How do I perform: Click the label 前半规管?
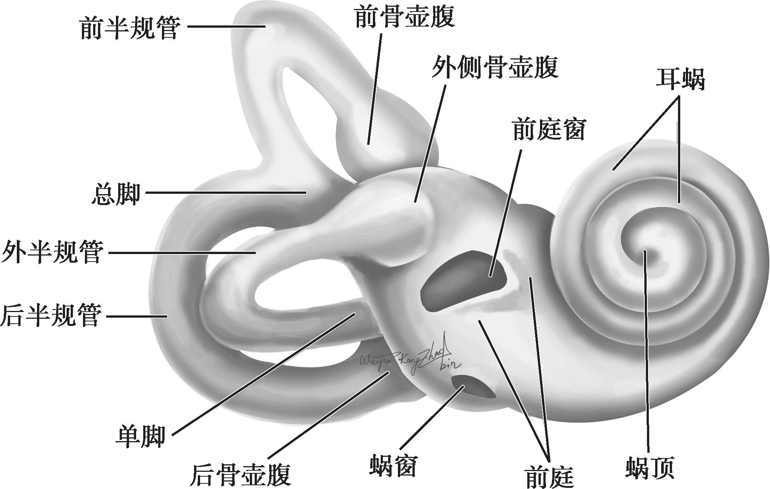(129, 28)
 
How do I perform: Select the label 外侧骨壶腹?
(495, 68)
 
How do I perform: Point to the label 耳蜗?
(680, 79)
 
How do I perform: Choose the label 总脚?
(116, 193)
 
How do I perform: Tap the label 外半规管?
(52, 252)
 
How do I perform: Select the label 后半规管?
(51, 315)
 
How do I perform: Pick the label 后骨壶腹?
(241, 474)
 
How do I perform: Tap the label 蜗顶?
(650, 467)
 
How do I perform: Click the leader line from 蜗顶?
(647, 355)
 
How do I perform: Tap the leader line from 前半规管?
(226, 26)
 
